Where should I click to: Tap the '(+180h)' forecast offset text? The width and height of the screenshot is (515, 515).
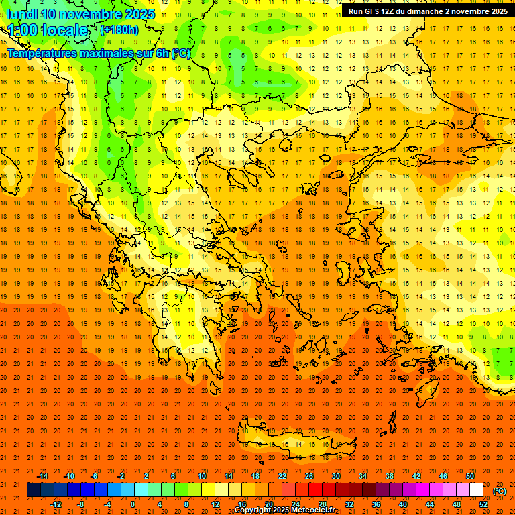[119, 30]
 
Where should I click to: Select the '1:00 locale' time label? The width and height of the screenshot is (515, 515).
[48, 30]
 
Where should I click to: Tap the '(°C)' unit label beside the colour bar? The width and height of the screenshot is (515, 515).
[500, 491]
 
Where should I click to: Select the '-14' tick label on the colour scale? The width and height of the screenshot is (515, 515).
[42, 476]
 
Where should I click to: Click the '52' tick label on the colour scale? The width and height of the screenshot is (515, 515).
[483, 504]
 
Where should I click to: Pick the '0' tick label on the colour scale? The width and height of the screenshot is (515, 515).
[133, 504]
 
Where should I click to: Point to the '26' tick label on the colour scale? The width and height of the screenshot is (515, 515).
[309, 476]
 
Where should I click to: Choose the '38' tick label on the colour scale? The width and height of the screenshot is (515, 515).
[390, 476]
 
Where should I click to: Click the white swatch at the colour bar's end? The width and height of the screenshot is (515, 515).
[476, 490]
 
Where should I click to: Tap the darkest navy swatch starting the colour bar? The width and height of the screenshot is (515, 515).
[34, 490]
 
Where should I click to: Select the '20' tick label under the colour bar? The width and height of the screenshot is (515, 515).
[268, 504]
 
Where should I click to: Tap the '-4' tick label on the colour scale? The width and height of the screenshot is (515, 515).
[107, 504]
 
